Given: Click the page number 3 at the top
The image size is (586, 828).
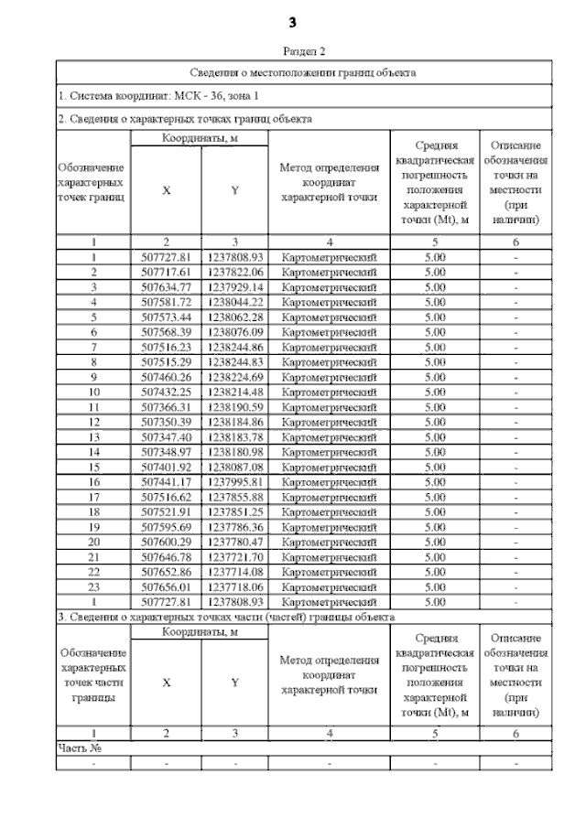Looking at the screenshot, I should tap(292, 21).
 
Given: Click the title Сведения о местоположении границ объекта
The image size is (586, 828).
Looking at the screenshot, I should tap(304, 71).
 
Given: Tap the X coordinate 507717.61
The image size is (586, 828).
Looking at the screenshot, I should tap(167, 273).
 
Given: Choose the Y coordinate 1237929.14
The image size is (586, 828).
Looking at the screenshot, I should tap(235, 287).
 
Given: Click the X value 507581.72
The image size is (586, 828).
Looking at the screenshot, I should tap(167, 302).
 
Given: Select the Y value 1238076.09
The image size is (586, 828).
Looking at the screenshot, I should tap(235, 332).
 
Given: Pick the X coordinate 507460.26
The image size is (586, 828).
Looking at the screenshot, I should tap(167, 377).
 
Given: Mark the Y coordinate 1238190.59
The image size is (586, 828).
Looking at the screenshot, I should tap(235, 407).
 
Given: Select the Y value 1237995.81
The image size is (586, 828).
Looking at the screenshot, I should tap(235, 482).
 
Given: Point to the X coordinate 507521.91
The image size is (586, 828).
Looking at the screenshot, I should tap(167, 512).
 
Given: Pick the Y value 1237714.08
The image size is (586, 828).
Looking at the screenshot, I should tap(235, 572).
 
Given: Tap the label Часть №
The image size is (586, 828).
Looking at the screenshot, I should tap(79, 747).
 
